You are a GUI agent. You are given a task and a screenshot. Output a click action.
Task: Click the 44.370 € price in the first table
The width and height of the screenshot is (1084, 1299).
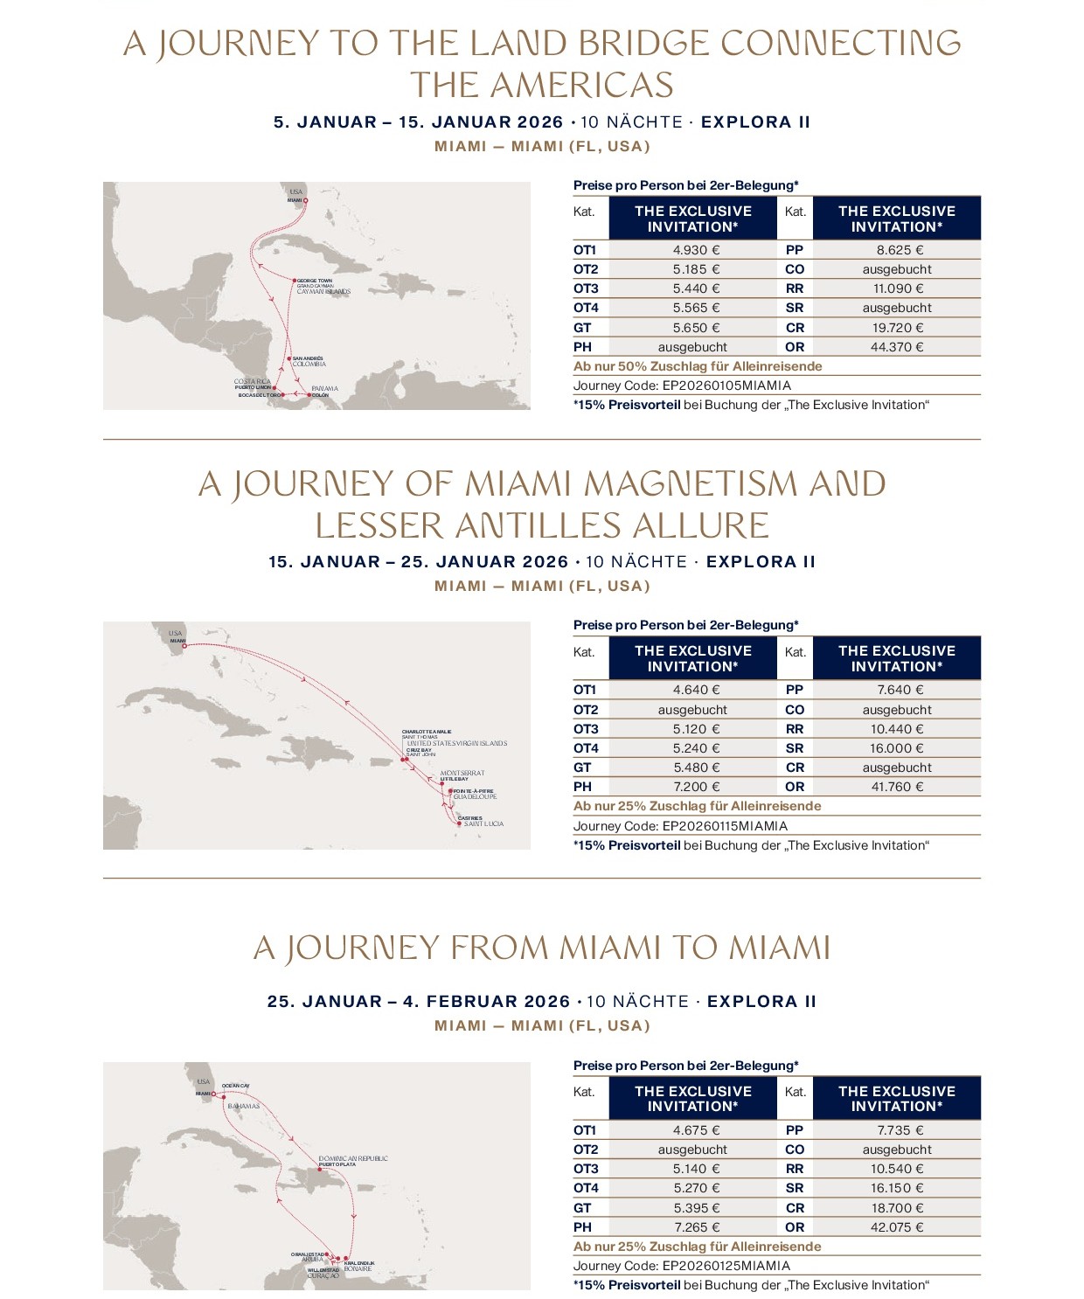coord(896,347)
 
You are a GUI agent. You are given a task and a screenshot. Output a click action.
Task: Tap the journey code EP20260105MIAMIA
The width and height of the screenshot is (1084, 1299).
coord(726,386)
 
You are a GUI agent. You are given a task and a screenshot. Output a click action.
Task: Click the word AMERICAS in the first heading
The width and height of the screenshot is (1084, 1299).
coord(542,86)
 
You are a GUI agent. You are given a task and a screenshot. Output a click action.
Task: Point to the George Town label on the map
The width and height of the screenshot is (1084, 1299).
coord(314,281)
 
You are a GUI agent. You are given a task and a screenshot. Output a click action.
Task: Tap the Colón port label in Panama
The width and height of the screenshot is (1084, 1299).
coord(320,395)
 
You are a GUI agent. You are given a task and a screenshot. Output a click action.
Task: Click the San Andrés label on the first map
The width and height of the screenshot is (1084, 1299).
coord(307,358)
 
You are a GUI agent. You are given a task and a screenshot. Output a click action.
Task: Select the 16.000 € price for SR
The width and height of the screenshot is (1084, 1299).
coord(896,748)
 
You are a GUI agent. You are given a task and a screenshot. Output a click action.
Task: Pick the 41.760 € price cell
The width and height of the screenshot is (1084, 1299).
coord(896,787)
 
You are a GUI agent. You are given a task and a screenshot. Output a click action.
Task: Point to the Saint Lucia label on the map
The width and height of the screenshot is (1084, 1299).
coord(483,824)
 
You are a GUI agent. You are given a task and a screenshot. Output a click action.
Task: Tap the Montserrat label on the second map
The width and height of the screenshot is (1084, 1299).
coord(462,773)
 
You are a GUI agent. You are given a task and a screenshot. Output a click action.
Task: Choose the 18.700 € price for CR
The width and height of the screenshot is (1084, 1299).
coord(896,1208)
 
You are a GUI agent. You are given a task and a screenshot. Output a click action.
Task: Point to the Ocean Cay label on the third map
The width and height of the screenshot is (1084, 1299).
coord(235,1086)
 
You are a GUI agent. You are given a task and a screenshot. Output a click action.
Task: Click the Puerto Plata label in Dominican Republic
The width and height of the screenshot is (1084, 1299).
coord(337,1164)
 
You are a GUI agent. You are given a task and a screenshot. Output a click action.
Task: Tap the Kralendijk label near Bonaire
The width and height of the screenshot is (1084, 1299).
coord(359,1263)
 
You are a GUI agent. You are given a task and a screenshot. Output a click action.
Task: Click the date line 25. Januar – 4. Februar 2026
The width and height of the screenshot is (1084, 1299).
coord(419,1002)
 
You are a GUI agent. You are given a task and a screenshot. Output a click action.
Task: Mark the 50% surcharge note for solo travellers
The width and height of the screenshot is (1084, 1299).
coord(698,366)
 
